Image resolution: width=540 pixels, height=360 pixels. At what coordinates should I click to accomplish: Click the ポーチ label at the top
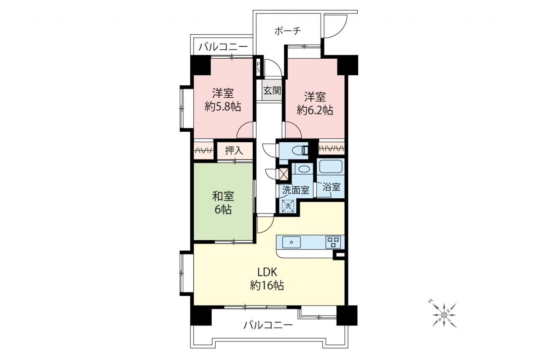pyautogui.click(x=288, y=31)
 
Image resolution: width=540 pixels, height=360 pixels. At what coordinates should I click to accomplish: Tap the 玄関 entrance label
pyautogui.click(x=272, y=90)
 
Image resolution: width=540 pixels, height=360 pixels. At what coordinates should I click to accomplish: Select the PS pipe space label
pyautogui.click(x=258, y=67)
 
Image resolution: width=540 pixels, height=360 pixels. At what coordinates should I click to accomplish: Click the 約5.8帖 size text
pyautogui.click(x=223, y=106)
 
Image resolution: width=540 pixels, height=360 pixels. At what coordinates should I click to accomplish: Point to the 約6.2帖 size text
pyautogui.click(x=315, y=110)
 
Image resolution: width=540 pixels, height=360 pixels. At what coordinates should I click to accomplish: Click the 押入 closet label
pyautogui.click(x=234, y=151)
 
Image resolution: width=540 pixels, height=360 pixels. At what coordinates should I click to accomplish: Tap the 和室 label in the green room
pyautogui.click(x=223, y=196)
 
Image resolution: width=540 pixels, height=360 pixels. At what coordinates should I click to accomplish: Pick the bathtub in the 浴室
pyautogui.click(x=331, y=167)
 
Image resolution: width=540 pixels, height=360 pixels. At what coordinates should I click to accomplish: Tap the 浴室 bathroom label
pyautogui.click(x=331, y=187)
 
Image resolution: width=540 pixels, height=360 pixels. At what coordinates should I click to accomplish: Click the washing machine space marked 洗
pyautogui.click(x=288, y=206)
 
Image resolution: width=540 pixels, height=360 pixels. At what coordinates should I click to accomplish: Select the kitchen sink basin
pyautogui.click(x=292, y=242)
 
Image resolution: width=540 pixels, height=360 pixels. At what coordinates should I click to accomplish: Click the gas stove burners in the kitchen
pyautogui.click(x=333, y=242)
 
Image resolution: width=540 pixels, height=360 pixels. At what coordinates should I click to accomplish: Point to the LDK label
pyautogui.click(x=267, y=272)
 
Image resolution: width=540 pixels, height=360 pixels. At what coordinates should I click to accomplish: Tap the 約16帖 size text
pyautogui.click(x=267, y=285)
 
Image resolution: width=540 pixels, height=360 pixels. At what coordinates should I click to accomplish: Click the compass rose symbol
pyautogui.click(x=444, y=315)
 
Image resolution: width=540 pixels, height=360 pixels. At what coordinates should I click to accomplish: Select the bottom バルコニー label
pyautogui.click(x=268, y=325)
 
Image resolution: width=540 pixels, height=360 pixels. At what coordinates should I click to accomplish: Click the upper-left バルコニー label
pyautogui.click(x=223, y=47)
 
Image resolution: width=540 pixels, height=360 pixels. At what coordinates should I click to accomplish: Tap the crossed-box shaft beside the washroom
pyautogui.click(x=283, y=174)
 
